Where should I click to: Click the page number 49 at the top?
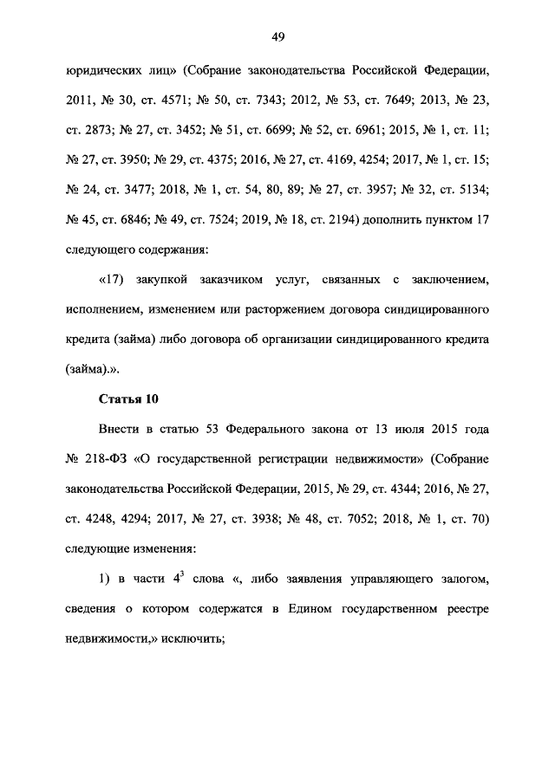(x=277, y=36)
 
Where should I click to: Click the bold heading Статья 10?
(x=121, y=398)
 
